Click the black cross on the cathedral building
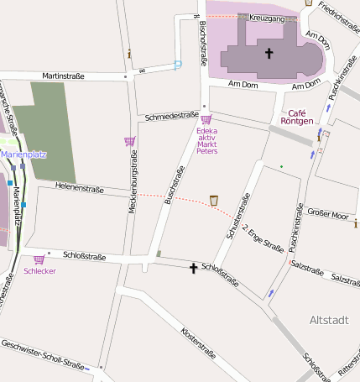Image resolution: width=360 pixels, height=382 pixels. tap(269, 54)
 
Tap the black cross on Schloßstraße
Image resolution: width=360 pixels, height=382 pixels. tap(193, 269)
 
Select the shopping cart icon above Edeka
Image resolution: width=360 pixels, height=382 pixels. tap(206, 119)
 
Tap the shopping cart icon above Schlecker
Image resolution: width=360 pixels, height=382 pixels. tap(39, 260)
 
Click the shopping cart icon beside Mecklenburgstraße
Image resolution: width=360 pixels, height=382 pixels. tap(129, 141)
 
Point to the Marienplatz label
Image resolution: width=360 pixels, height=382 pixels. tap(23, 154)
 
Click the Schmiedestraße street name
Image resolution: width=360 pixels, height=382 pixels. tap(171, 116)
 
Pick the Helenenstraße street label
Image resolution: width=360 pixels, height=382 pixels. tap(78, 186)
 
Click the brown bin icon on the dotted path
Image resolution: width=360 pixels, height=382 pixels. tap(214, 200)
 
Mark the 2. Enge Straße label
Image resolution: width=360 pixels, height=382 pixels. tap(263, 238)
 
